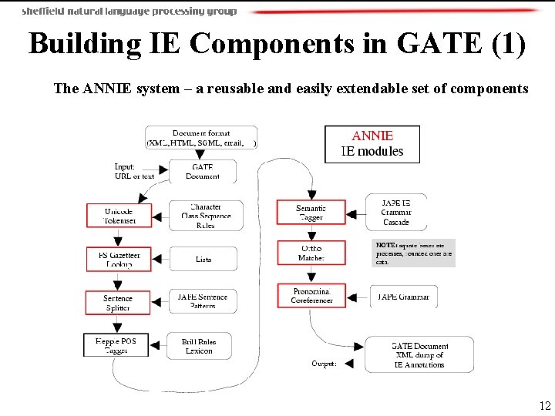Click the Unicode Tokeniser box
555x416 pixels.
118,216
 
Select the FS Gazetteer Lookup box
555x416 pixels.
118,259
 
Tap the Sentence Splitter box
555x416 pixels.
118,302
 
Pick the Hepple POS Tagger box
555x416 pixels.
116,345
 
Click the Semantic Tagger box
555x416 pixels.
311,213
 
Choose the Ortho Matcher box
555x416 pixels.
311,253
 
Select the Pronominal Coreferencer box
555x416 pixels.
311,295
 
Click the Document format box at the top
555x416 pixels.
201,138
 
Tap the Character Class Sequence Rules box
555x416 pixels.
205,216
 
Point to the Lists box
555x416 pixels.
203,259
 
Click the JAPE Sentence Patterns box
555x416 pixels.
203,301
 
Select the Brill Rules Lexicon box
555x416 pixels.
199,345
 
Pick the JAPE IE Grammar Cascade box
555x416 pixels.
396,212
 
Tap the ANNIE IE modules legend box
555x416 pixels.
372,144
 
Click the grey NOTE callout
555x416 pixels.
414,253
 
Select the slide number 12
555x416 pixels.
545,406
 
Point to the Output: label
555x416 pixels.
323,364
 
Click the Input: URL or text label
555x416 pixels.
134,171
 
